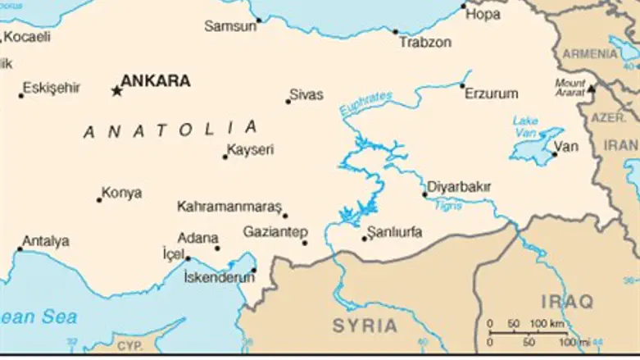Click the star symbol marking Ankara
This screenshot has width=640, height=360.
pyautogui.click(x=116, y=90)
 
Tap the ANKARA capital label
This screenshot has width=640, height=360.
pyautogui.click(x=156, y=81)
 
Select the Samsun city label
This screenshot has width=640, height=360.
pyautogui.click(x=229, y=26)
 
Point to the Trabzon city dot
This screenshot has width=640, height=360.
pyautogui.click(x=396, y=32)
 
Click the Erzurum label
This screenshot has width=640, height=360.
pyautogui.click(x=492, y=93)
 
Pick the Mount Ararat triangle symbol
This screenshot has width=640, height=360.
pyautogui.click(x=590, y=87)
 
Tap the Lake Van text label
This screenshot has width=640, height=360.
pyautogui.click(x=525, y=126)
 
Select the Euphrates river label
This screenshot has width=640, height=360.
pyautogui.click(x=365, y=103)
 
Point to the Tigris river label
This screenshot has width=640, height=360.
pyautogui.click(x=449, y=205)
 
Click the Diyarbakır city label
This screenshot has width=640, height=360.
pyautogui.click(x=460, y=187)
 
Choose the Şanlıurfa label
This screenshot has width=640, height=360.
pyautogui.click(x=396, y=232)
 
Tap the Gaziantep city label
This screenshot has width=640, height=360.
pyautogui.click(x=275, y=232)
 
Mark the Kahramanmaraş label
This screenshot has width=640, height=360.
pyautogui.click(x=229, y=207)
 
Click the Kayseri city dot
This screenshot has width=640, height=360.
pyautogui.click(x=225, y=157)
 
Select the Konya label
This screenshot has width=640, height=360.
pyautogui.click(x=121, y=194)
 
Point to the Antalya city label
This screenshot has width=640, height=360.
pyautogui.click(x=46, y=241)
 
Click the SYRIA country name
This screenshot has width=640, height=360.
pyautogui.click(x=365, y=326)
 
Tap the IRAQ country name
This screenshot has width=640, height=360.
pyautogui.click(x=566, y=302)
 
